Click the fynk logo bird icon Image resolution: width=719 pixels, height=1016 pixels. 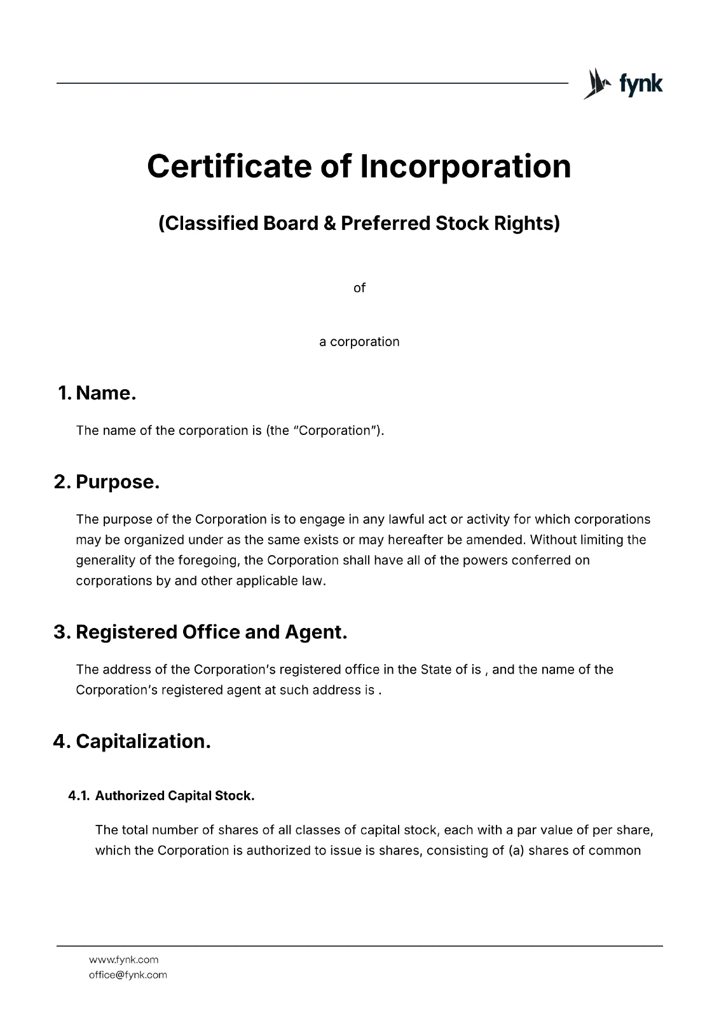coord(596,83)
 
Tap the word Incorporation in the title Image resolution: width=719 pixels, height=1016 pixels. coord(466,166)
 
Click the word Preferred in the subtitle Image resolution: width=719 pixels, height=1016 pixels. coord(386,224)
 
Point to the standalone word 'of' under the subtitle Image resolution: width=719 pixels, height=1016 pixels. coord(359,288)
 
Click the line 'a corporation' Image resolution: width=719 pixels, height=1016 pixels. coord(359,342)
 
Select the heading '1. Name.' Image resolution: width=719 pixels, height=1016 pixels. coord(97,393)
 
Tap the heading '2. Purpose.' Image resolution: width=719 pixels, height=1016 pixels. coord(107,482)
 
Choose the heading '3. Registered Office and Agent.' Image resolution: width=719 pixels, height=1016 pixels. coord(201,632)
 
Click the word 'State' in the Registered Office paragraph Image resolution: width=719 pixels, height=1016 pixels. coord(435,669)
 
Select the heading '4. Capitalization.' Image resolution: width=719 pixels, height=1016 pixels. coord(132,741)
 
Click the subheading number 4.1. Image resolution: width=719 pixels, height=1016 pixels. coord(79,796)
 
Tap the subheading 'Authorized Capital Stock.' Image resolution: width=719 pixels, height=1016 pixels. coord(175,796)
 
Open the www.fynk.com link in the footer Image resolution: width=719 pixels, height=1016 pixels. coord(123,960)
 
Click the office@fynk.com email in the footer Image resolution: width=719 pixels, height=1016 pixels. coord(128,975)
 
